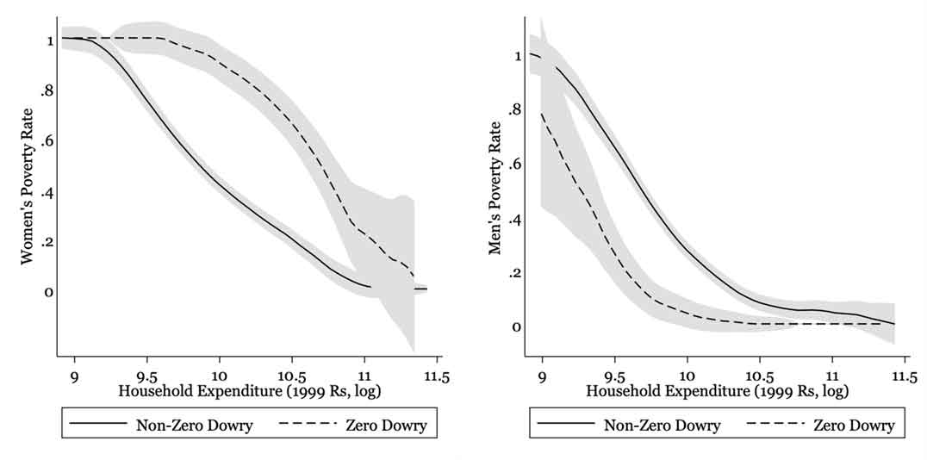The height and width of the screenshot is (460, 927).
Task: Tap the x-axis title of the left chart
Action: (250, 391)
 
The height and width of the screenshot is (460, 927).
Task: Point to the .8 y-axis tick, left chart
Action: (47, 89)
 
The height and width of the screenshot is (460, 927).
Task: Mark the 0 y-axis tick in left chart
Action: (49, 292)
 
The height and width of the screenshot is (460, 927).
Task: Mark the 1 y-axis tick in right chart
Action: (517, 57)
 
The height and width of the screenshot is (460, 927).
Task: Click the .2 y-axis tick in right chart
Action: (515, 273)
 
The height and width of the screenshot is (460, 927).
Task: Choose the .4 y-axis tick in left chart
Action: (47, 191)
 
